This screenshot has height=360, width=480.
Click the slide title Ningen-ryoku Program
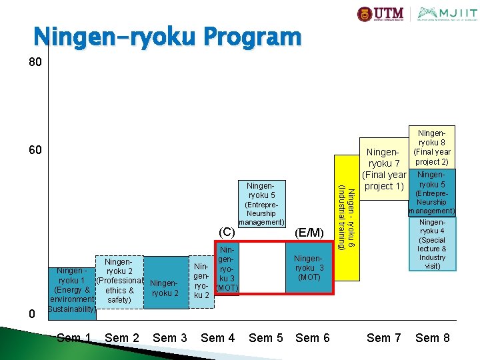click(x=167, y=37)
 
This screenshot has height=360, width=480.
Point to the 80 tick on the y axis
click(x=35, y=63)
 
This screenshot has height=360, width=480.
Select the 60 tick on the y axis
click(x=35, y=151)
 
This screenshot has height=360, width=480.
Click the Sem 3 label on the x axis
click(x=170, y=338)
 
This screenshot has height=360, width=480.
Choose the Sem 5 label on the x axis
click(x=265, y=338)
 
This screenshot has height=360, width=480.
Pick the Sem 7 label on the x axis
click(x=384, y=338)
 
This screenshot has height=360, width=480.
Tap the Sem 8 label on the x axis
click(x=432, y=338)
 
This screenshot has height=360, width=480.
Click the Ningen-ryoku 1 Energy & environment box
click(x=72, y=290)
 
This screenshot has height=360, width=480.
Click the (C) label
click(x=227, y=232)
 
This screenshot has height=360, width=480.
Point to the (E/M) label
click(x=309, y=232)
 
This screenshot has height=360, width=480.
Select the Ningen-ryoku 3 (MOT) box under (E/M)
click(x=309, y=267)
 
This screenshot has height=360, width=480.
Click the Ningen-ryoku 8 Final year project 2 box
click(x=433, y=147)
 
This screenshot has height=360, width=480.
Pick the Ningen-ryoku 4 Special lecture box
click(x=433, y=244)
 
